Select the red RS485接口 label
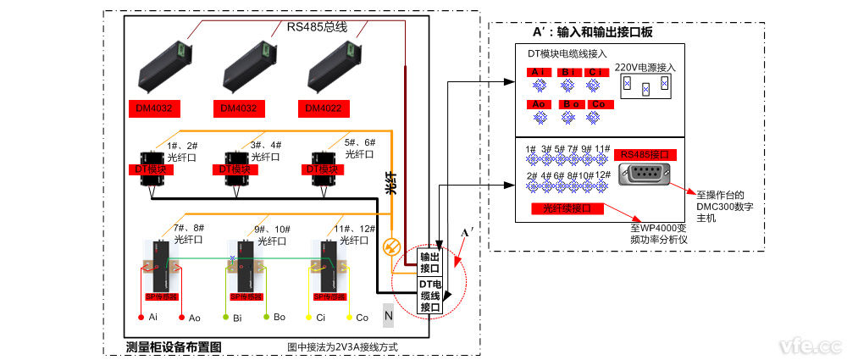click(645, 155)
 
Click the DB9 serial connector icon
click(647, 176)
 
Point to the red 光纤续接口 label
click(567, 208)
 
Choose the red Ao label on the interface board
click(539, 104)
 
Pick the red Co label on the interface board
click(598, 104)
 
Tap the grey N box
click(389, 315)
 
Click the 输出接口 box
click(429, 263)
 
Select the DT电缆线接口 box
click(429, 296)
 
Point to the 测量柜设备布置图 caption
click(174, 346)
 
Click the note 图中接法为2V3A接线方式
click(342, 347)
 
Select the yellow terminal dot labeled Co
click(349, 317)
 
